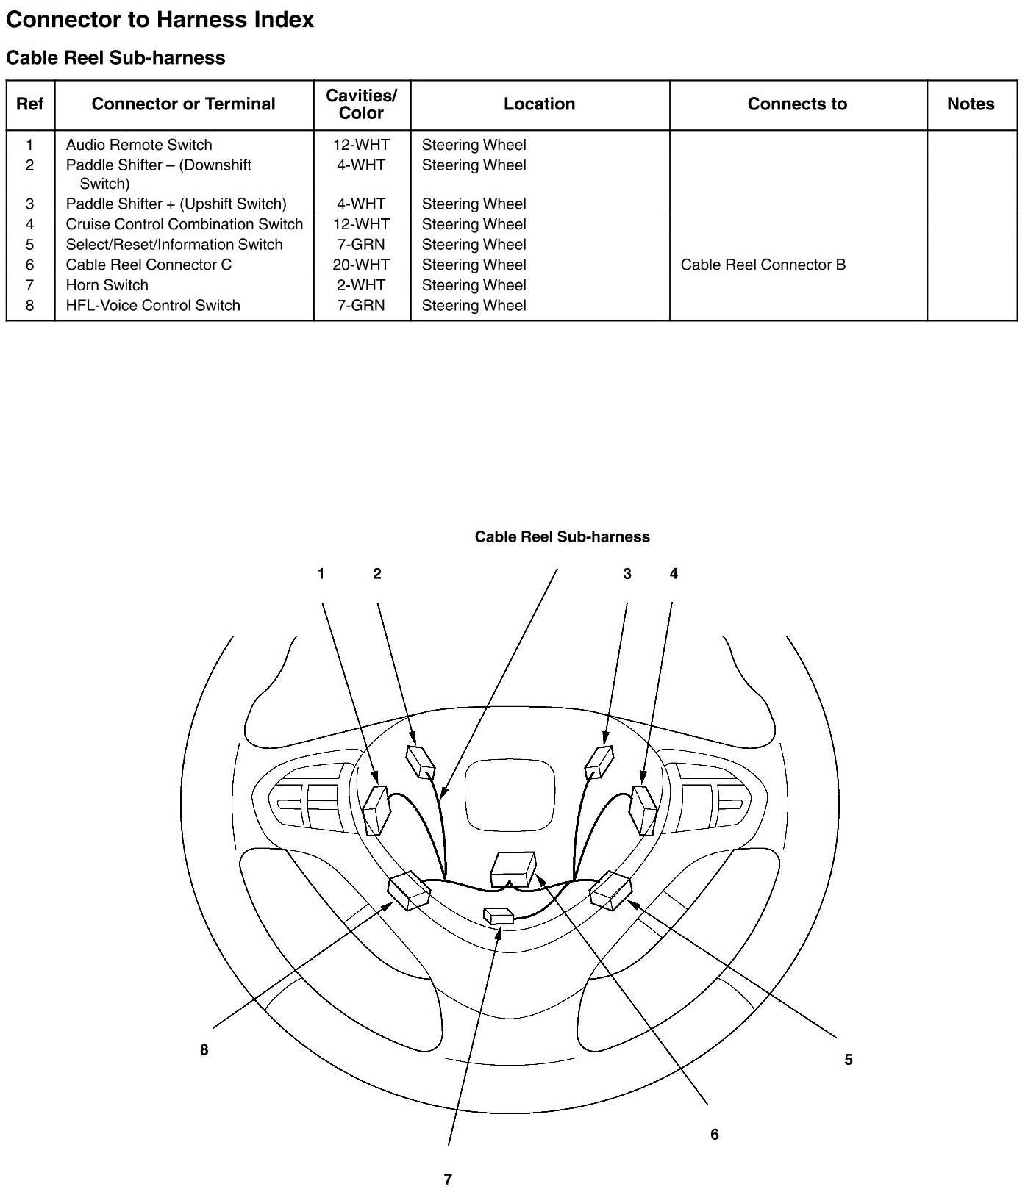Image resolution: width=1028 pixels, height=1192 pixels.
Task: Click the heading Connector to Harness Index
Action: (x=160, y=20)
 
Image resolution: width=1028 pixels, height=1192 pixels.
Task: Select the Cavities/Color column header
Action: (x=361, y=104)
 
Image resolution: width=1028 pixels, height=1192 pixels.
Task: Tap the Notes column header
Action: (x=971, y=104)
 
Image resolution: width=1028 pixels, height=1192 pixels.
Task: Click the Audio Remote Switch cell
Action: (x=139, y=145)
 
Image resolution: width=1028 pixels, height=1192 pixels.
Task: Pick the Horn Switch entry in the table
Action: (x=107, y=285)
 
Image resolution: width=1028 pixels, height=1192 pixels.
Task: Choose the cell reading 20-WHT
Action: (x=361, y=265)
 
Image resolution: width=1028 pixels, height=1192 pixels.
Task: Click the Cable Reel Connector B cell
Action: (x=763, y=265)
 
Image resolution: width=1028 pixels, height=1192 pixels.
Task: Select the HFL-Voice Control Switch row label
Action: (x=153, y=306)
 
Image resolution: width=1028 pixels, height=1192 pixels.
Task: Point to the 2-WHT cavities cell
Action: (x=361, y=285)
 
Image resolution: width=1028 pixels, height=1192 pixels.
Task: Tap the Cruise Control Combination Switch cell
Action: (x=184, y=224)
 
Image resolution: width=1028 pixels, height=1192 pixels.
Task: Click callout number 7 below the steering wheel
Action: (x=448, y=1179)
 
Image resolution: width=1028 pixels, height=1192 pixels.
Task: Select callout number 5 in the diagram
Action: (x=848, y=1060)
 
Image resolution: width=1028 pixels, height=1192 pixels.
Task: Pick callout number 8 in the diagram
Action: (x=204, y=1050)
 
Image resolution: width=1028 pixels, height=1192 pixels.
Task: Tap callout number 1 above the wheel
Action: (x=321, y=574)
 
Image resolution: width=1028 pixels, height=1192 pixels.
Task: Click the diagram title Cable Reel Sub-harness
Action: (x=562, y=537)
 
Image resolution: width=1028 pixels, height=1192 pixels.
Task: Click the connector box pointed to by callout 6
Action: (x=513, y=868)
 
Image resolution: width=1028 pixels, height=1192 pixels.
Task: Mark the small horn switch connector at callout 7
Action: (x=499, y=916)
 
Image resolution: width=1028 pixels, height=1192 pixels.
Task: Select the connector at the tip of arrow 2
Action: (x=420, y=761)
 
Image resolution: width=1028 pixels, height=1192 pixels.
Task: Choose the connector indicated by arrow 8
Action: (x=408, y=890)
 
